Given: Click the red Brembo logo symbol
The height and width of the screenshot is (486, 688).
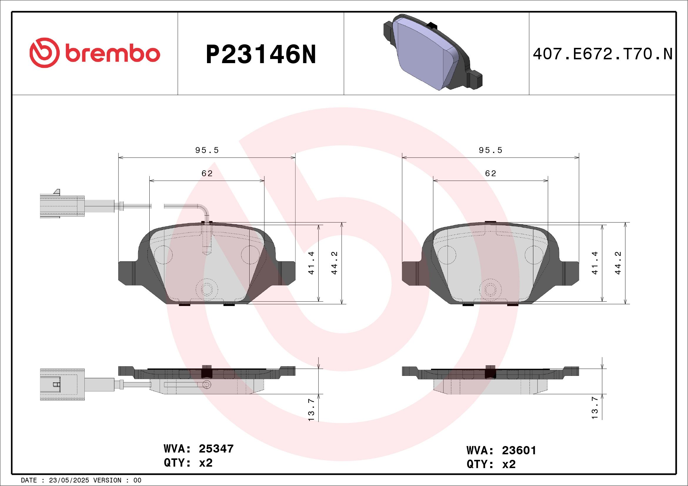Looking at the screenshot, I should [x=44, y=53].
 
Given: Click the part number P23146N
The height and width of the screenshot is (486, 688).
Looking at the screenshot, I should [x=261, y=54].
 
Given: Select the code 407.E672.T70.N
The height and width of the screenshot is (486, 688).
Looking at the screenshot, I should [x=603, y=54].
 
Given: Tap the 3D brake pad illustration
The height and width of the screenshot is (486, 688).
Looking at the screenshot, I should [x=433, y=52].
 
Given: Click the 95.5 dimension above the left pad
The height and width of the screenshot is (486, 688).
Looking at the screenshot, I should [x=207, y=150].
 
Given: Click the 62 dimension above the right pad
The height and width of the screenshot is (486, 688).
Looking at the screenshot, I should [x=490, y=174].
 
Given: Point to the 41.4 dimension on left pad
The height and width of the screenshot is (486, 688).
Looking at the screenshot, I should [x=311, y=263].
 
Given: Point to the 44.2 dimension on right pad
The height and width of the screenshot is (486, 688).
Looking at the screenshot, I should [x=618, y=263].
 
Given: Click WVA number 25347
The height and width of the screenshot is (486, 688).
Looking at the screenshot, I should [x=216, y=449].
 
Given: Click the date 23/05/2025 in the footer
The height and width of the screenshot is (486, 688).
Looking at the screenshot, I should [x=69, y=480].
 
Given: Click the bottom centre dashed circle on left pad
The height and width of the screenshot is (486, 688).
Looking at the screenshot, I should [x=207, y=289].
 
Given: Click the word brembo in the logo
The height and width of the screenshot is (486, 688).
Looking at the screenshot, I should [x=113, y=54].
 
